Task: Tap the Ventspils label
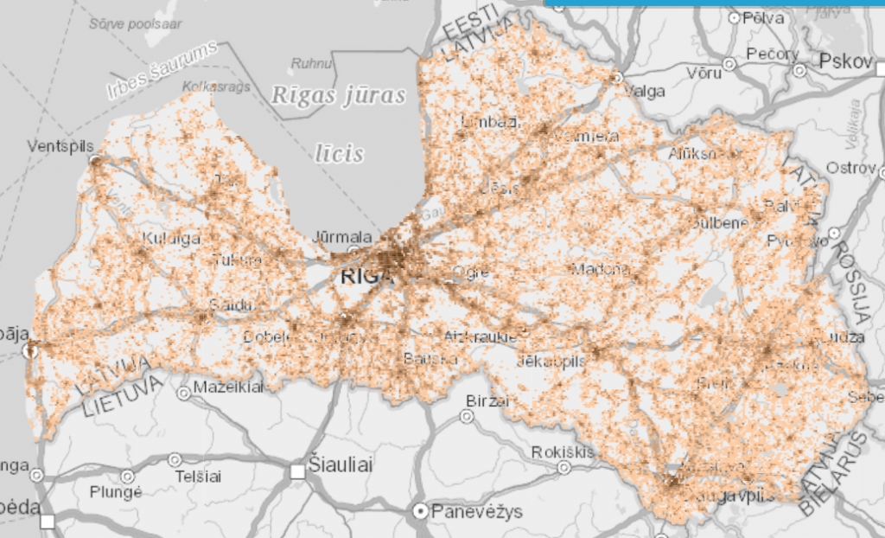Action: tap(60, 145)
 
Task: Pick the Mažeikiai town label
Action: tap(229, 387)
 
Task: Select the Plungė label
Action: tap(114, 492)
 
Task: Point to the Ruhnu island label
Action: tap(311, 63)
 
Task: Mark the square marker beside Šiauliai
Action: tap(298, 471)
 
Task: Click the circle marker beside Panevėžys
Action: tap(421, 511)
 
